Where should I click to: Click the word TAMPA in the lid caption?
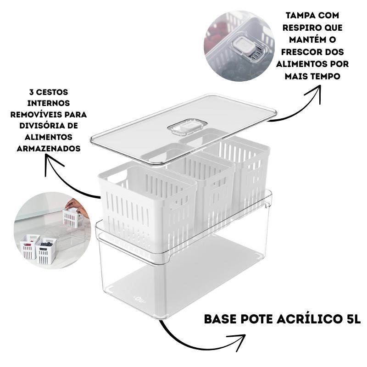[298, 16]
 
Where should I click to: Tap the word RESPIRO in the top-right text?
[297, 28]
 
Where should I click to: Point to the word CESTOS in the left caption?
[52, 92]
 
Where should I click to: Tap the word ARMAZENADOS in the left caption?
[49, 149]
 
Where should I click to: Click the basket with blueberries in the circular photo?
[46, 250]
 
